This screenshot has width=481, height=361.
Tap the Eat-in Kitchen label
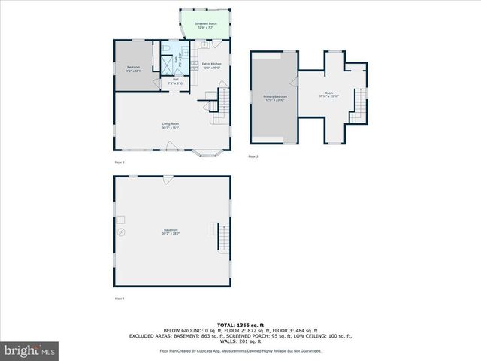tap(211, 65)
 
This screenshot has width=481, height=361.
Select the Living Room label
tap(170, 126)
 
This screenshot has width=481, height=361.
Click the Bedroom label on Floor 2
tap(133, 69)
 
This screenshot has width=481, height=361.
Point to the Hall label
tap(175, 81)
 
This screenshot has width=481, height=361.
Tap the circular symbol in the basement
tap(119, 233)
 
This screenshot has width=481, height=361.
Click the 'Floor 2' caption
tap(119, 162)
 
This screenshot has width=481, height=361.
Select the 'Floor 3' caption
tap(253, 156)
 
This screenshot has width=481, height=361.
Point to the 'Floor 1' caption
tap(119, 299)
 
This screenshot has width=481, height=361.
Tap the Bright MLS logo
tap(30, 350)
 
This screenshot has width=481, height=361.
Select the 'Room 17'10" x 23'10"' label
tap(328, 96)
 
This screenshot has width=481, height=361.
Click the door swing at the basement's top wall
tap(166, 179)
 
